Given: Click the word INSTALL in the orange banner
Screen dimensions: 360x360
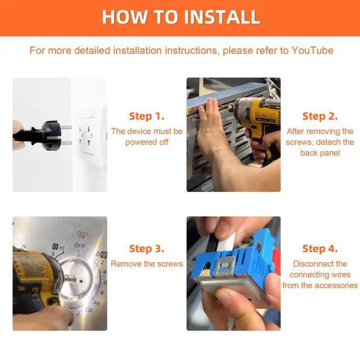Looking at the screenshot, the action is point(222,17).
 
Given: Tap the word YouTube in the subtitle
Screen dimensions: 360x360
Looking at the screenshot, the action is point(313,51).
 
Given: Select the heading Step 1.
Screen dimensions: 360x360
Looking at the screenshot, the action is point(147,116).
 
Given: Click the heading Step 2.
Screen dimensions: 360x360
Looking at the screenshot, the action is point(320,116).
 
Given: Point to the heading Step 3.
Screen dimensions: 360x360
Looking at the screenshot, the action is point(147,249).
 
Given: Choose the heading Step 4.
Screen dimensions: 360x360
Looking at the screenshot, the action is point(320,249).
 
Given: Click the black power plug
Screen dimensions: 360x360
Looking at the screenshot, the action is point(43,136).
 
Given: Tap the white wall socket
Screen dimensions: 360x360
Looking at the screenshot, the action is point(87,136).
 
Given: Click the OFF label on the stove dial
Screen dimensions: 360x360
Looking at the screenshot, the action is point(79,246).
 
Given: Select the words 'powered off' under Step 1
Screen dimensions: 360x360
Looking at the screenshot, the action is point(147,142).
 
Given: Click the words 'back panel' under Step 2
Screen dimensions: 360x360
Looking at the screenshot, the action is point(320,153).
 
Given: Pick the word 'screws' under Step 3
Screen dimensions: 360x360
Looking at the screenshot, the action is point(169,264).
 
